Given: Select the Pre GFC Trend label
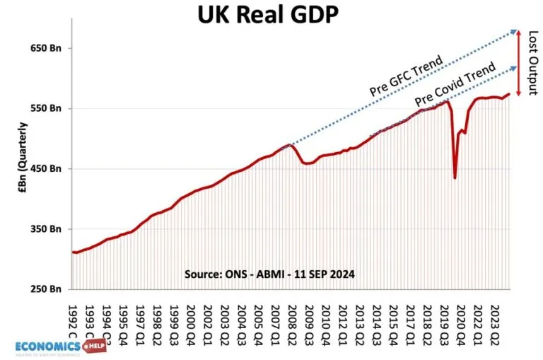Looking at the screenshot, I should pos(406,76).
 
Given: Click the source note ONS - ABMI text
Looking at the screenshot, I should pos(269,273).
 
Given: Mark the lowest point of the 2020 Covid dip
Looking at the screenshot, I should pos(455,178).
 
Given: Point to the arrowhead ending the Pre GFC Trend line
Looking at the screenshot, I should pos(517,31).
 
